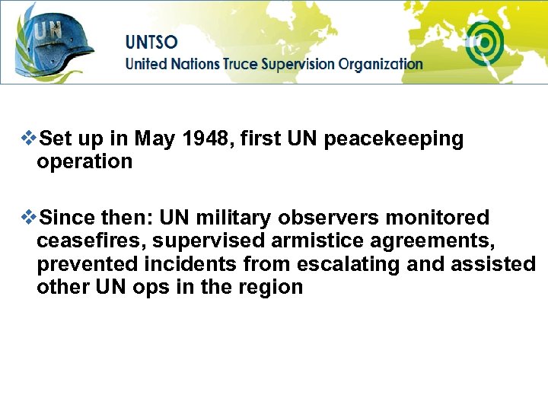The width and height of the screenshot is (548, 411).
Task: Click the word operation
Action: click(x=84, y=161)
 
